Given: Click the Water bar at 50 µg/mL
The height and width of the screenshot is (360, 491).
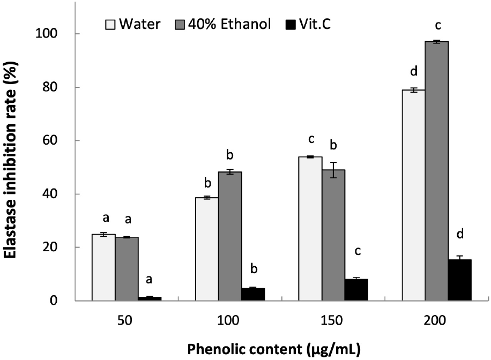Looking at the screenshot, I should click(103, 267).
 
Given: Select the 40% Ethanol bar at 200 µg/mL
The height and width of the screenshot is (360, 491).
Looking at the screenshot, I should click(436, 171).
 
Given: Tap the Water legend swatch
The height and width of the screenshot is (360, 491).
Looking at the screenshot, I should click(110, 24).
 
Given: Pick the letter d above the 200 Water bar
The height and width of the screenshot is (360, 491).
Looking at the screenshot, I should click(413, 72).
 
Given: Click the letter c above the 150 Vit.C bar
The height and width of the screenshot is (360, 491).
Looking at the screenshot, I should click(356, 252).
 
